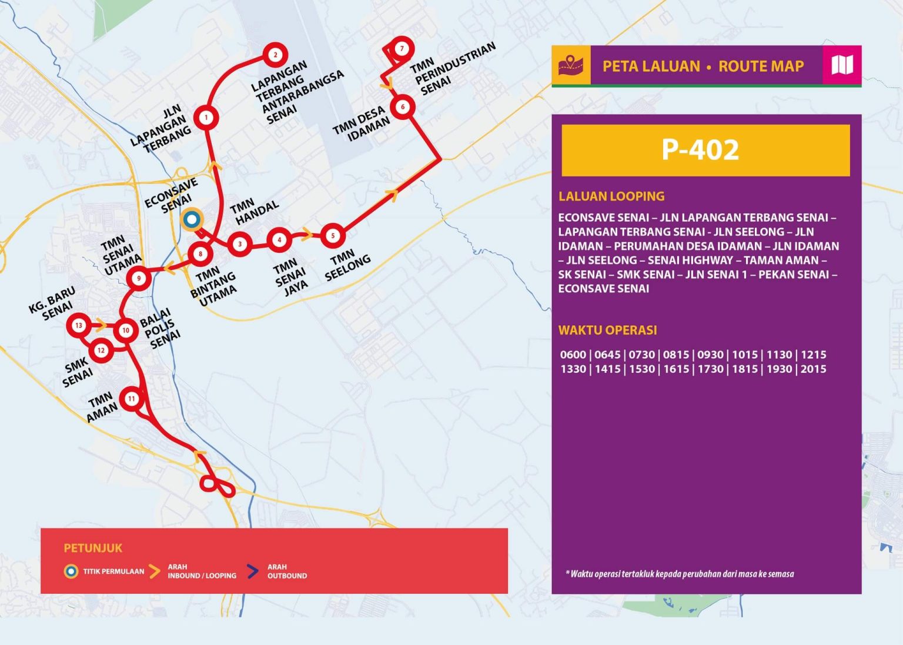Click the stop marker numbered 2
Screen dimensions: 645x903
[275, 55]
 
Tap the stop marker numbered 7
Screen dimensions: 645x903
[402, 48]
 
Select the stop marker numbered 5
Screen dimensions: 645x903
[333, 236]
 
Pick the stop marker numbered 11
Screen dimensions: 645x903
[132, 399]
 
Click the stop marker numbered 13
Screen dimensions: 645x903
[79, 325]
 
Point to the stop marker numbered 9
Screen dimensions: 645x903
[139, 278]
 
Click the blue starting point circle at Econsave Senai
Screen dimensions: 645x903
[191, 220]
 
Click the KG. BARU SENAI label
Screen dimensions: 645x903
[53, 303]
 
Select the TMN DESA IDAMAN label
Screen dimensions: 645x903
[361, 124]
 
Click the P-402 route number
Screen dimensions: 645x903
[700, 150]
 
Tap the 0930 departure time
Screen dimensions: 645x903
[710, 355]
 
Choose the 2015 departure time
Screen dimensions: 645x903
[813, 369]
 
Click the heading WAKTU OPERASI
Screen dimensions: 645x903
[607, 330]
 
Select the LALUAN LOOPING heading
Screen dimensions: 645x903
[611, 196]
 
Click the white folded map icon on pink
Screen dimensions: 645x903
[842, 65]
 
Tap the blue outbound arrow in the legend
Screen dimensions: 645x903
[253, 571]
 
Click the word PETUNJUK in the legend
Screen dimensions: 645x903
[93, 548]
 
